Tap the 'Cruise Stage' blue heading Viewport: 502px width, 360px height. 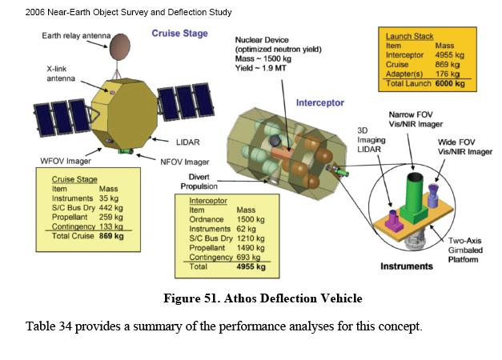point(180,34)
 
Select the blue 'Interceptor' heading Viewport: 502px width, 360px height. point(320,103)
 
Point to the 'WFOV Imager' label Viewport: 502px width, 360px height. point(65,161)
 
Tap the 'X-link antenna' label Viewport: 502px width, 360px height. point(62,74)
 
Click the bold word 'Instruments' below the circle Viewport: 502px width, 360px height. point(407,266)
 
